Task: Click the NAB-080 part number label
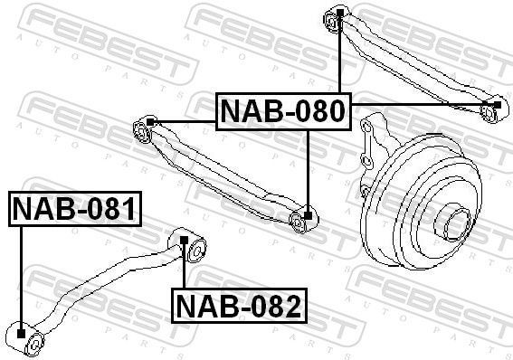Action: coord(282,111)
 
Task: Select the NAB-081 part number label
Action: coord(75,210)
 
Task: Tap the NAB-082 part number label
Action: coord(239,307)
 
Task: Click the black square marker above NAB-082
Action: coord(184,241)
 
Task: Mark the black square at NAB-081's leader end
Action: coord(21,336)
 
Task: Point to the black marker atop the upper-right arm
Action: coord(338,13)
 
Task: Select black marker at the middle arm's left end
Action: coord(151,121)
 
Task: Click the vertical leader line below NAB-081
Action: coord(21,276)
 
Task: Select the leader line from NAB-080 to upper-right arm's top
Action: coord(338,54)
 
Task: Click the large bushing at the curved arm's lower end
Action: coord(28,339)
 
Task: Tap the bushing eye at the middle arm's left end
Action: coord(142,133)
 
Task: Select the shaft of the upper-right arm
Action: coord(407,63)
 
